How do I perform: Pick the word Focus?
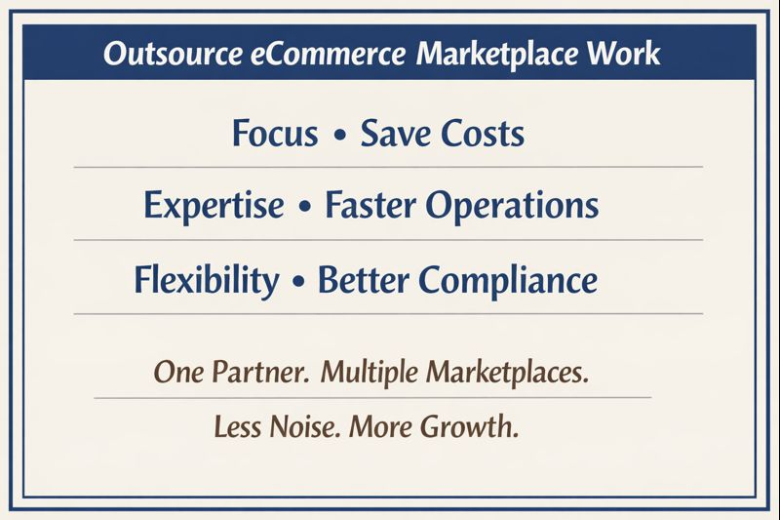coord(275,133)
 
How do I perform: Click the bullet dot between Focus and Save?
coord(339,134)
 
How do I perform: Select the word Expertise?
coord(214,206)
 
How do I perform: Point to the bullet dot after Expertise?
coord(305,207)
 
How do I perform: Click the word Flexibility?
coord(206,280)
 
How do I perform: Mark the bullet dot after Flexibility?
coord(298,281)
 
